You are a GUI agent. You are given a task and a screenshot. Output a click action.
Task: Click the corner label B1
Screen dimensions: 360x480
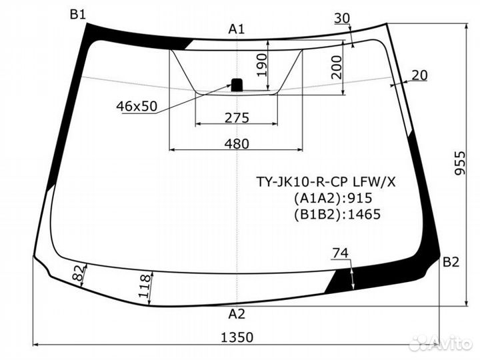tap(78, 14)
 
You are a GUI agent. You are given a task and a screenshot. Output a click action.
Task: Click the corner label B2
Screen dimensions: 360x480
tap(451, 262)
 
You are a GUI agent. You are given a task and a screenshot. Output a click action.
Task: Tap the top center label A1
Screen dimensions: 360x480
tap(237, 29)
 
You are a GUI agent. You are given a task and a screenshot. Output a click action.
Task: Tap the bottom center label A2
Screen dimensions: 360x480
tap(237, 313)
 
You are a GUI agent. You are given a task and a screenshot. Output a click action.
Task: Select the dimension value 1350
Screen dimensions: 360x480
tap(237, 337)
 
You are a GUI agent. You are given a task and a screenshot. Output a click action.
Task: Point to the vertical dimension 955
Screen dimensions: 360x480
tap(459, 161)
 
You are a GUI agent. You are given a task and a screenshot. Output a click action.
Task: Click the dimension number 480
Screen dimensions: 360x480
tap(236, 143)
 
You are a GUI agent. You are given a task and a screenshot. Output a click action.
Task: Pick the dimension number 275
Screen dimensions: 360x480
tap(236, 118)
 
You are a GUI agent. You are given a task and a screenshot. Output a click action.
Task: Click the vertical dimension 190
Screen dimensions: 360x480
tap(261, 65)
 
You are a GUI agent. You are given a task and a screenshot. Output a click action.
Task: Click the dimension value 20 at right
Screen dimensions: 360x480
tap(419, 75)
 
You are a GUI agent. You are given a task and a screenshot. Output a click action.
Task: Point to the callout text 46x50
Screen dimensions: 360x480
tap(136, 106)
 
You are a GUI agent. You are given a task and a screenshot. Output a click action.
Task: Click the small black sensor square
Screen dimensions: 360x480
tap(237, 84)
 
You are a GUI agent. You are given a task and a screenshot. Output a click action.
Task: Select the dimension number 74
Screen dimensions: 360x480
tap(340, 253)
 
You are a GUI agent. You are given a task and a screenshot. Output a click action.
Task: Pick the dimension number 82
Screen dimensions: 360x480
tap(77, 273)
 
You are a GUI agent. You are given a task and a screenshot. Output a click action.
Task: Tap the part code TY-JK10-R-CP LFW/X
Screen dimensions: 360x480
tap(326, 181)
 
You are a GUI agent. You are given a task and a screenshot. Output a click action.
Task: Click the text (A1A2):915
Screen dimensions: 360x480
tap(332, 197)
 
